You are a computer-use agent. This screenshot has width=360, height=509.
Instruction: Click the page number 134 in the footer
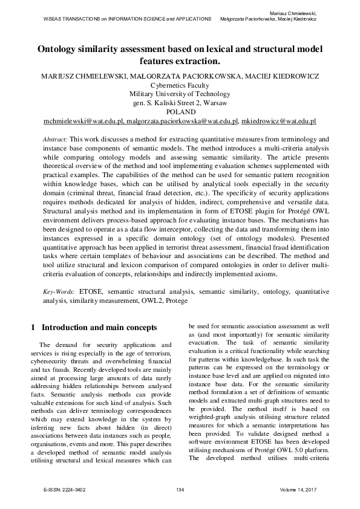coord(180,488)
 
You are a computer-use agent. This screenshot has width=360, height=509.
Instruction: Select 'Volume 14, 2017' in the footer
coord(301,488)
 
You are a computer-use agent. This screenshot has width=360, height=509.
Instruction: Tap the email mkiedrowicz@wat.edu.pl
coord(279,122)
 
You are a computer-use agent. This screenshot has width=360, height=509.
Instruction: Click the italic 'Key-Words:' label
coord(59,291)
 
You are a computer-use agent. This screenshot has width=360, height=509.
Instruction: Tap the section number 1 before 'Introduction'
coord(33,327)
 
